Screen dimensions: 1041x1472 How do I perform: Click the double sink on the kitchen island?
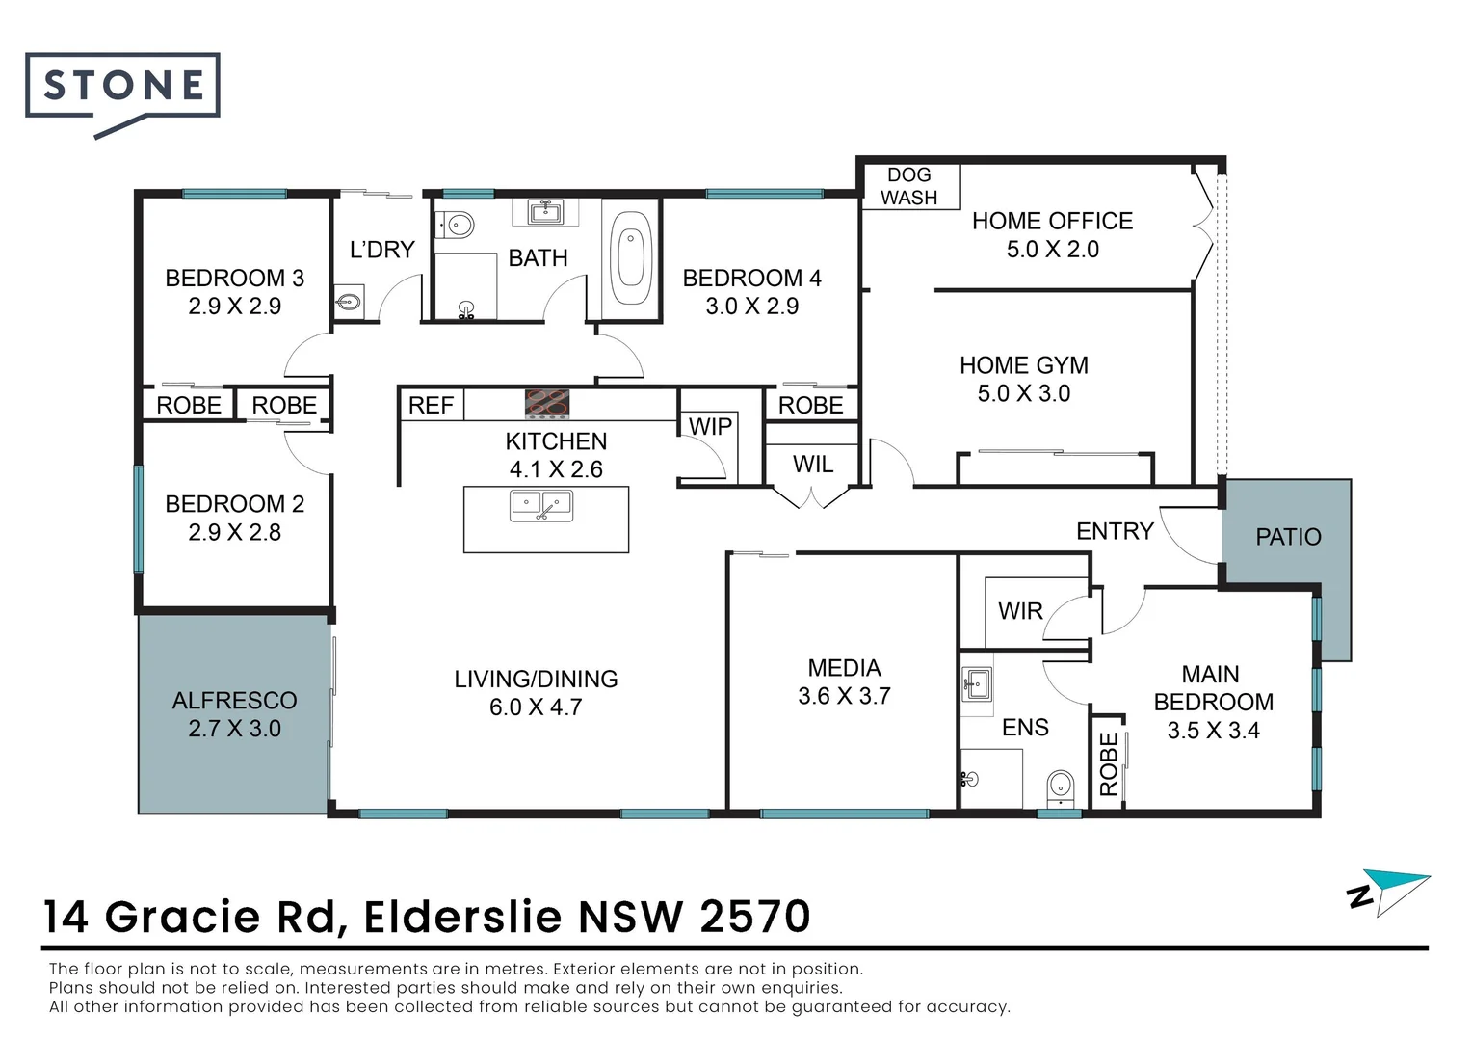pyautogui.click(x=541, y=505)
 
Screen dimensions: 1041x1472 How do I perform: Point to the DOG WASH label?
pyautogui.click(x=908, y=186)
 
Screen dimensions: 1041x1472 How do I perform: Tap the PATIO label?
pyautogui.click(x=1288, y=537)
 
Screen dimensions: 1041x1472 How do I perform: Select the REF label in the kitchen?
pyautogui.click(x=431, y=406)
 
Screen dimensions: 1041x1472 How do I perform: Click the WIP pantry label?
pyautogui.click(x=710, y=426)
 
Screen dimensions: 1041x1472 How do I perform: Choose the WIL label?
pyautogui.click(x=813, y=465)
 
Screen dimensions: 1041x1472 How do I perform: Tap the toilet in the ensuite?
pyautogui.click(x=1061, y=787)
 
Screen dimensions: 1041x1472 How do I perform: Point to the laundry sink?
pyautogui.click(x=348, y=302)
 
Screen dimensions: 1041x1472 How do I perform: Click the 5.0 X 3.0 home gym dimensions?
pyautogui.click(x=1023, y=393)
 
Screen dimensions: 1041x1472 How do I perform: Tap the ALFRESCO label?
pyautogui.click(x=234, y=701)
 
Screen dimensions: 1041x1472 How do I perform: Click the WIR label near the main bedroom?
pyautogui.click(x=1020, y=611)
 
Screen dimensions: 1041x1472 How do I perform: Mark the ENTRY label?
pyautogui.click(x=1115, y=531)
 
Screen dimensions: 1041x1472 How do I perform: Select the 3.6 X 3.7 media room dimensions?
pyautogui.click(x=844, y=696)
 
